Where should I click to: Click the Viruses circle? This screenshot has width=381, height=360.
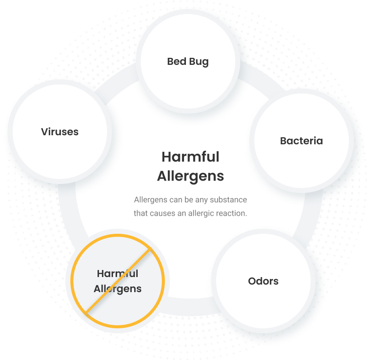coord(60,132)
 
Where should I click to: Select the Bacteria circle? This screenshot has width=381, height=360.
coord(301,141)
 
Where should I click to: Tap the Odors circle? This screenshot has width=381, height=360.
coord(263,281)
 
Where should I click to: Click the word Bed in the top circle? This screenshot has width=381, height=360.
coord(176,61)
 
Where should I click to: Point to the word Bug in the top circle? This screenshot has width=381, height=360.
coord(199,62)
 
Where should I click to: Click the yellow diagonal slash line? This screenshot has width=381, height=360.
coord(118,281)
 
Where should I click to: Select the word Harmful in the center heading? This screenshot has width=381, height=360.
coord(190,156)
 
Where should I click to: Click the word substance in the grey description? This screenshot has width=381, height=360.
coord(228,200)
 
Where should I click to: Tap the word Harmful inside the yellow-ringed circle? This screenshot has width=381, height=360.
coord(118,274)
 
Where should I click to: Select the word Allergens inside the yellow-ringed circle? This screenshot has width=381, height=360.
coord(118,289)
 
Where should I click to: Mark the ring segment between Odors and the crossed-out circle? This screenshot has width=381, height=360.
coord(190,307)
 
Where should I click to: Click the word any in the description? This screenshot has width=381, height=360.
coord(201,200)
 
